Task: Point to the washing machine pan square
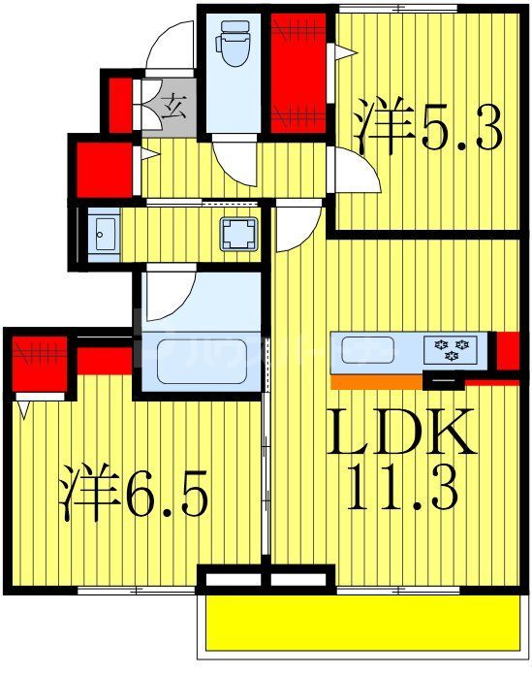(237, 233)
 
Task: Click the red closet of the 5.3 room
(297, 73)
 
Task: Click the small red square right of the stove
(507, 351)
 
